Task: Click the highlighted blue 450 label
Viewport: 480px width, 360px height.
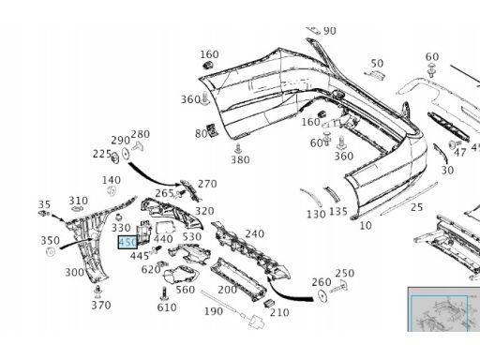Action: pos(127,242)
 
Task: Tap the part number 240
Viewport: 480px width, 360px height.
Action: pos(255,233)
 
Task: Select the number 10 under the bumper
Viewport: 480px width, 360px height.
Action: pos(366,225)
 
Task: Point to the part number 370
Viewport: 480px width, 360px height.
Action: pos(101,305)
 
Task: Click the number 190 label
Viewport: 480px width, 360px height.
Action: pos(214,311)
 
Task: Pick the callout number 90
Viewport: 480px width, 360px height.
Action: pos(330,31)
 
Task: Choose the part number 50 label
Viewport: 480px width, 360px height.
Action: pos(377,64)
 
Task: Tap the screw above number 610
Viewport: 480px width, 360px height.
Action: pos(164,293)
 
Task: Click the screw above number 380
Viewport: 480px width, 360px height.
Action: pos(239,148)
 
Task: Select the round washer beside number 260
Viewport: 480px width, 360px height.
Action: pos(322,295)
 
